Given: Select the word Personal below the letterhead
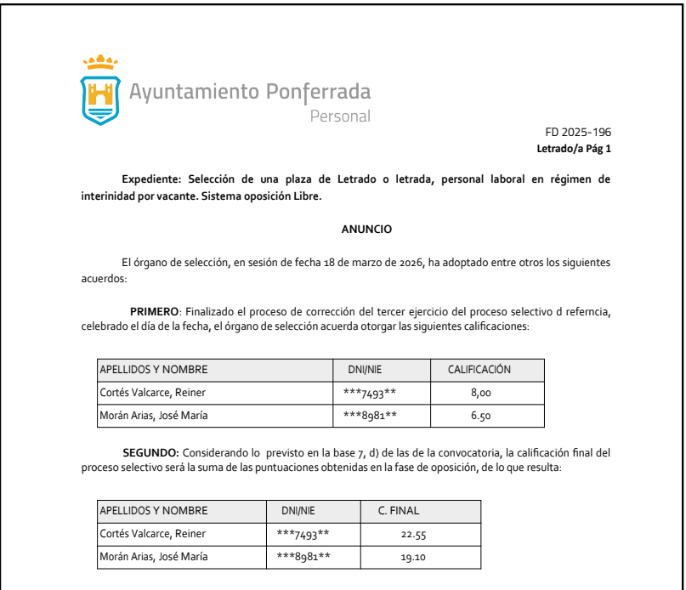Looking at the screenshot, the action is pos(340,116).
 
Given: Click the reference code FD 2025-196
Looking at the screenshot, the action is pos(578,133).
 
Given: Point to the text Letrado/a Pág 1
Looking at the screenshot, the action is pos(574,149).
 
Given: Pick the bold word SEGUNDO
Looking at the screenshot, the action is pos(152,453).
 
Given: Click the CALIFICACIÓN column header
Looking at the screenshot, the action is pos(479,370).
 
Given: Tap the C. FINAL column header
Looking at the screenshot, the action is pos(399,511).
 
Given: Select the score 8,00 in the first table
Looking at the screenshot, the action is pos(480,393).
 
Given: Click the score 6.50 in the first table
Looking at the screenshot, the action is pos(480,416).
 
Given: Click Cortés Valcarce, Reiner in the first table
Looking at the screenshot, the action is pos(153,393).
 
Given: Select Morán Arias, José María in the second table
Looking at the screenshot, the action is pos(154,557).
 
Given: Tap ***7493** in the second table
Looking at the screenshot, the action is pos(303,534).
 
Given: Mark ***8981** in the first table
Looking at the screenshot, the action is pos(370,416).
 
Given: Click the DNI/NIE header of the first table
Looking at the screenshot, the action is pos(369,370).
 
